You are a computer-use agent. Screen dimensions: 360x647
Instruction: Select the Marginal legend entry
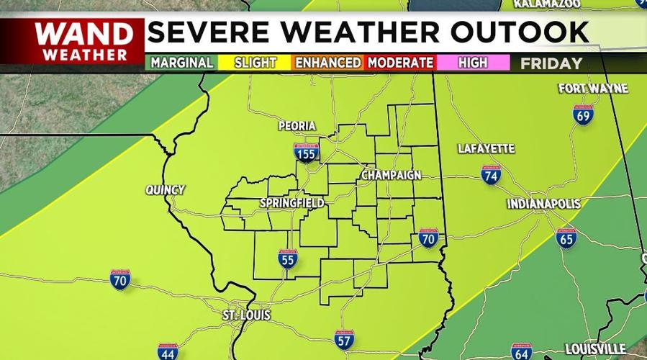coord(181,63)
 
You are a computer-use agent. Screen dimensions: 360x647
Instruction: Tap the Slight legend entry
coord(255,63)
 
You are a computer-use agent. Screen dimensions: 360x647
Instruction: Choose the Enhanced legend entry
coord(327,63)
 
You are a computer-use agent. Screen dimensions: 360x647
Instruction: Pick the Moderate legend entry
coord(400,63)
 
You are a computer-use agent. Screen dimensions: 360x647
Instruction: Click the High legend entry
coord(472,63)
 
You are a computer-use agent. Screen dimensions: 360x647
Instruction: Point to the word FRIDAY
coord(551,63)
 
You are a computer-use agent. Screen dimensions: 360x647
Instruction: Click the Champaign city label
coord(391,176)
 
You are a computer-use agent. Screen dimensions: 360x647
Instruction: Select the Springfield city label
coord(291,204)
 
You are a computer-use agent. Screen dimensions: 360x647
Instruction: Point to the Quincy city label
coord(165,190)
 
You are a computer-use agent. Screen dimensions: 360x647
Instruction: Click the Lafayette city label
coord(487,149)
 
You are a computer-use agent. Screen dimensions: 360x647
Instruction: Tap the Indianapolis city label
coord(543,204)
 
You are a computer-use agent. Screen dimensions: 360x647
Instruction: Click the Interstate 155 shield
coord(307,152)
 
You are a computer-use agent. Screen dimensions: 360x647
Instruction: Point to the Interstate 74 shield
coord(491,174)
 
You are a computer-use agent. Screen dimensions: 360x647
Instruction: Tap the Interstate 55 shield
coord(288,259)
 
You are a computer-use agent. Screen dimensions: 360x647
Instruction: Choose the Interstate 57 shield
coord(344,338)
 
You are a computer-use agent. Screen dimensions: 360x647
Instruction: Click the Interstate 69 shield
coord(583,114)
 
